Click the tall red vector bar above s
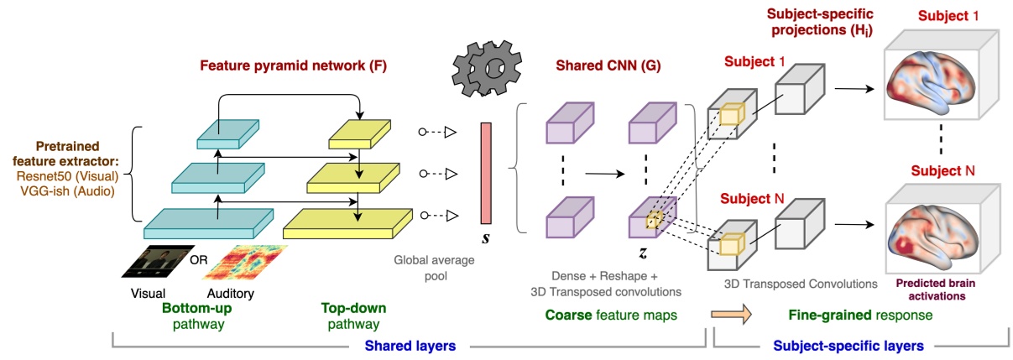pyautogui.click(x=486, y=174)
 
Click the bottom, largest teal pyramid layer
pyautogui.click(x=209, y=221)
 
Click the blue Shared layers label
pyautogui.click(x=409, y=344)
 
